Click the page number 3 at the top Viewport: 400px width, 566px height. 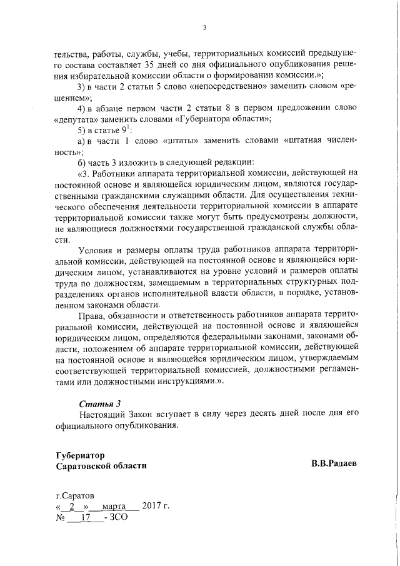204,27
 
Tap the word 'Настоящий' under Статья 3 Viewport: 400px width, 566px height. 101,415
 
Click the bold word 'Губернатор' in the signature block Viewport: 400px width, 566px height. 80,455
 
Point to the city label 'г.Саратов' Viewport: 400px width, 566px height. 74,495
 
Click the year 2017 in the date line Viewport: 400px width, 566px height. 152,506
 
